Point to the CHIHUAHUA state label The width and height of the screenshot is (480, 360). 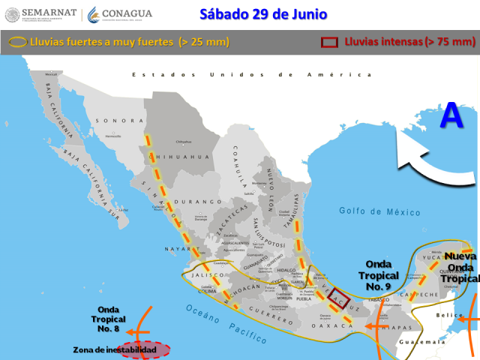click(182, 157)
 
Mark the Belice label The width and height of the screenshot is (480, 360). click(449, 316)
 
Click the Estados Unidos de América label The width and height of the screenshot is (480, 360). click(251, 75)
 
